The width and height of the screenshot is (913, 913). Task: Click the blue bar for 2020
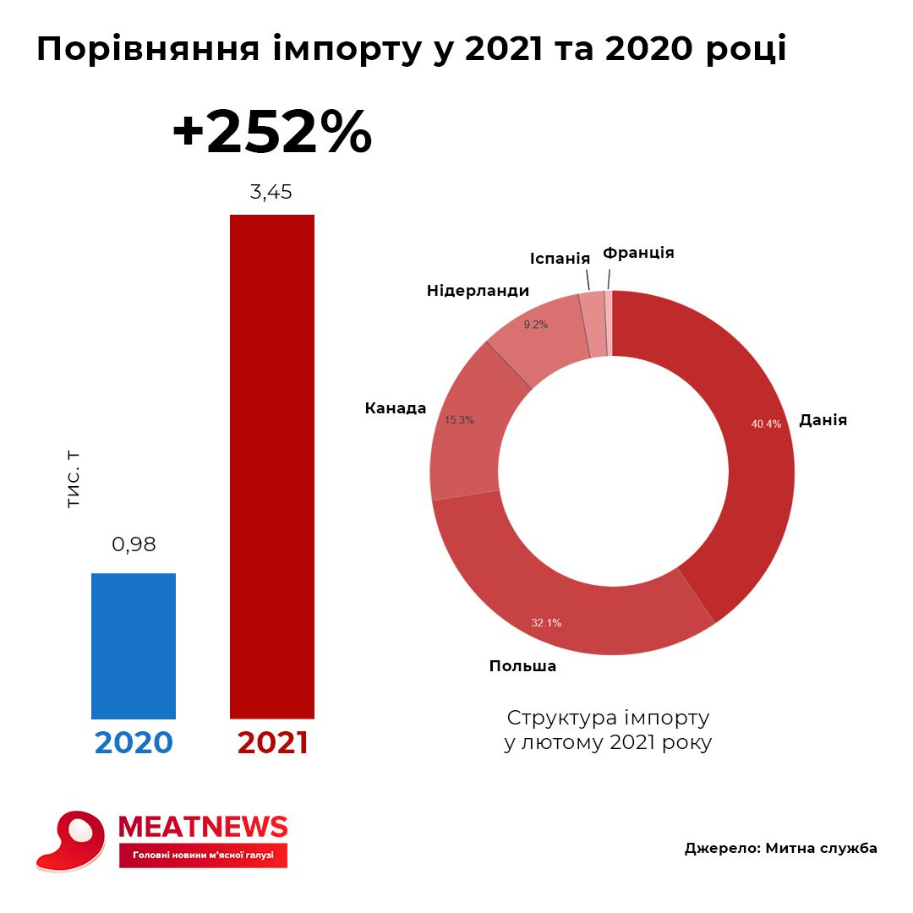tap(134, 646)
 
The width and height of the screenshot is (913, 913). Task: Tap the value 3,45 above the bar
tap(271, 192)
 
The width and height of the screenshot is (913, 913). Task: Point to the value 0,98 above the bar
tap(134, 544)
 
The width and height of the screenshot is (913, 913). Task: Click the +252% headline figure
tap(271, 132)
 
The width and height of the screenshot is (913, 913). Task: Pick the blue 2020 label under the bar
tap(134, 742)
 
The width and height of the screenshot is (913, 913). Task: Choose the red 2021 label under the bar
tap(272, 742)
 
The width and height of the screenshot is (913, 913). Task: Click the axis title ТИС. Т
tap(74, 479)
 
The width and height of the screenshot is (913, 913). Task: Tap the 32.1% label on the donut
tap(546, 623)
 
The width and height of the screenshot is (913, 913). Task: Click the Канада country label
tap(396, 408)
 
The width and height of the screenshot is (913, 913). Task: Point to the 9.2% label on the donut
tap(536, 325)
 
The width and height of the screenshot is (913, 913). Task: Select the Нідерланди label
tap(478, 291)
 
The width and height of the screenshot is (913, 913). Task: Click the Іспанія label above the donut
tap(560, 257)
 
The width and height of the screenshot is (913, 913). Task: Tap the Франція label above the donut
tap(638, 252)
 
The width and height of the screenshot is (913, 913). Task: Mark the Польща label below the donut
tap(522, 666)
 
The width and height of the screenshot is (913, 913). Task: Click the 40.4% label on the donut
tap(766, 424)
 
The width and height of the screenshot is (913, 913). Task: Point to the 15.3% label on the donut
tap(459, 419)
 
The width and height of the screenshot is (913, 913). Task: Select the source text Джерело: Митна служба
tap(780, 849)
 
